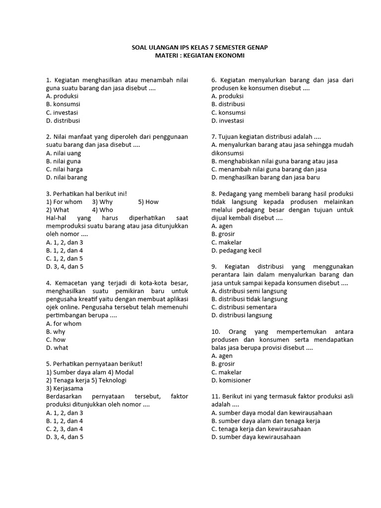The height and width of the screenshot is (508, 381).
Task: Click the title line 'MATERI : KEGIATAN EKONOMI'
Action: click(x=199, y=56)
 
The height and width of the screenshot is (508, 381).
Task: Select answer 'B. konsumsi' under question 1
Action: click(x=63, y=104)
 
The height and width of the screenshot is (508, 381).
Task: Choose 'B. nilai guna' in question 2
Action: click(x=63, y=161)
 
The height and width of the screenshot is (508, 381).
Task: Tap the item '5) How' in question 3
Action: click(x=148, y=202)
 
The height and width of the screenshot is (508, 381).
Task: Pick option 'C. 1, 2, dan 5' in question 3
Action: click(x=64, y=258)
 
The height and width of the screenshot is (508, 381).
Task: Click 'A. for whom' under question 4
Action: click(x=63, y=323)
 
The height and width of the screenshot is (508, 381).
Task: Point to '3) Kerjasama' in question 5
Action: click(x=64, y=388)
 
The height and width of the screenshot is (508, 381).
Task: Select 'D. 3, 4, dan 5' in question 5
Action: click(x=64, y=437)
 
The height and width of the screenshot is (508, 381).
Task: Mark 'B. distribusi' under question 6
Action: click(x=228, y=104)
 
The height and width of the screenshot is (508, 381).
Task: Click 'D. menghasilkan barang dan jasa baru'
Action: click(x=265, y=177)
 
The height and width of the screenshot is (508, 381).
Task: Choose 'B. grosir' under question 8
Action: click(x=223, y=234)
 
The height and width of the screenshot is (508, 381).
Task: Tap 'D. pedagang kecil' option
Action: click(x=236, y=251)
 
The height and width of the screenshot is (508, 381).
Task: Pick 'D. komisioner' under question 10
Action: click(x=231, y=380)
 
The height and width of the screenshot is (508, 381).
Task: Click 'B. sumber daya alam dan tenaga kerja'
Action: click(x=265, y=421)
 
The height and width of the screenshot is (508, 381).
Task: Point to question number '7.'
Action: click(x=214, y=137)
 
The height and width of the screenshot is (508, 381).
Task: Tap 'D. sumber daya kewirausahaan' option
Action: click(x=256, y=437)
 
